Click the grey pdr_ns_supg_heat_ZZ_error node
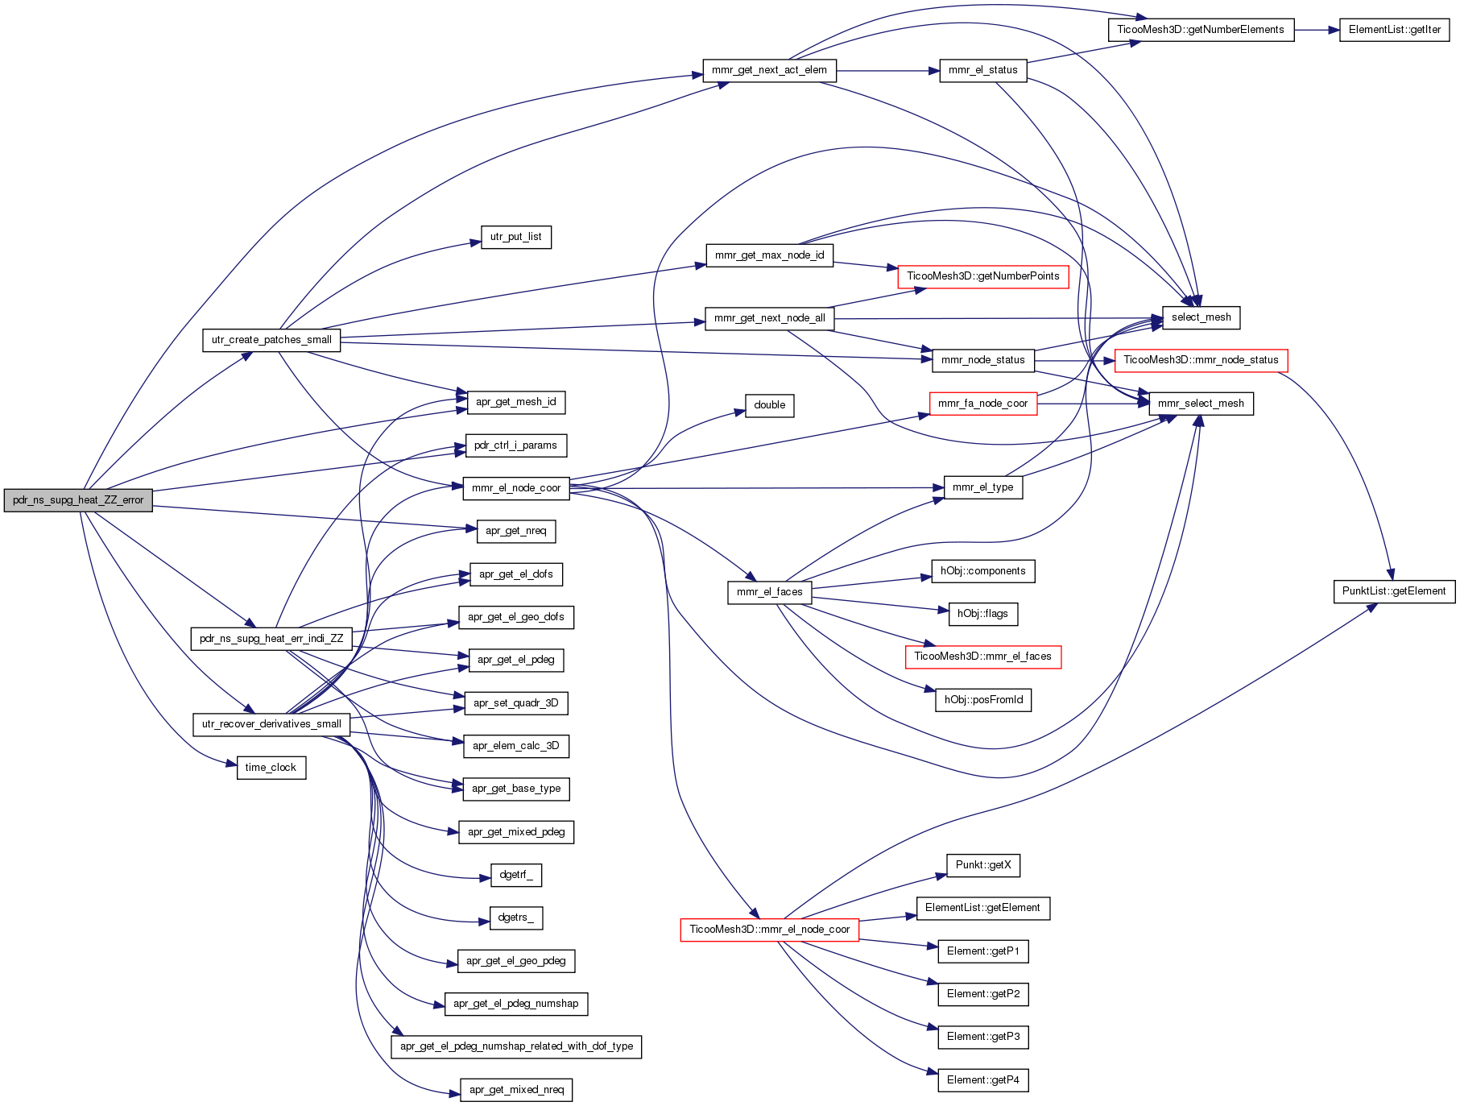click(x=78, y=500)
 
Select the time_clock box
click(x=271, y=768)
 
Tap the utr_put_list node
click(x=516, y=237)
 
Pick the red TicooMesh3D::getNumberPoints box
click(x=983, y=276)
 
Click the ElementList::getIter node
click(x=1395, y=30)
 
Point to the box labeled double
click(x=770, y=405)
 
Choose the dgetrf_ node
click(x=516, y=875)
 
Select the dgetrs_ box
click(x=516, y=918)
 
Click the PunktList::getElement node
click(x=1394, y=591)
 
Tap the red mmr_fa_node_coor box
click(x=983, y=404)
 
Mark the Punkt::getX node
click(x=983, y=865)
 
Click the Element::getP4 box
click(x=983, y=1080)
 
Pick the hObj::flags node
click(x=983, y=614)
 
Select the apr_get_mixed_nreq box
click(x=516, y=1090)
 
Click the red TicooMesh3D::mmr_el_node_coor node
click(x=770, y=930)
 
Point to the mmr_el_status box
click(x=983, y=70)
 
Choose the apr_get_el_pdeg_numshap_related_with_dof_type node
click(x=516, y=1046)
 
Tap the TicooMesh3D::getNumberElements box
click(x=1201, y=30)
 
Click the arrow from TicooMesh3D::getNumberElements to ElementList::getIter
click(x=1317, y=30)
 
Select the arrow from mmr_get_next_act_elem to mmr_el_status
click(x=888, y=71)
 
